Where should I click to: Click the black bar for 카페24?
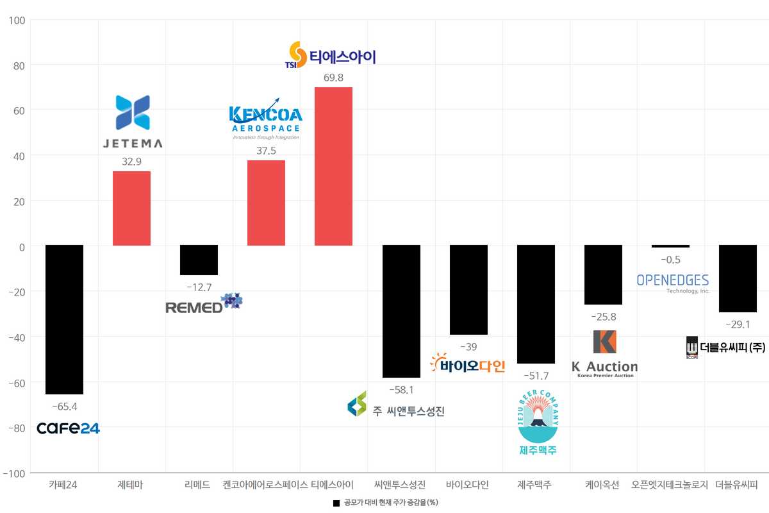(64, 319)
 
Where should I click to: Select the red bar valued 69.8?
(333, 165)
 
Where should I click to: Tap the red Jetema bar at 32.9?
(131, 208)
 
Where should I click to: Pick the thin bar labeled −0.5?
(670, 246)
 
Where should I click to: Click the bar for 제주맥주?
(536, 304)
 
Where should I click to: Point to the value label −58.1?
(401, 389)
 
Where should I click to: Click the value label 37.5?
(266, 149)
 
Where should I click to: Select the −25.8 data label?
(603, 317)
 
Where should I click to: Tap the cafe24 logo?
(68, 428)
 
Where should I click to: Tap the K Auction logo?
(604, 353)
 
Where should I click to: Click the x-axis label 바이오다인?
(467, 485)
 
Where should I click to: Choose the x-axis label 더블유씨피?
(736, 485)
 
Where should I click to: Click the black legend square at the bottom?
(336, 503)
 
